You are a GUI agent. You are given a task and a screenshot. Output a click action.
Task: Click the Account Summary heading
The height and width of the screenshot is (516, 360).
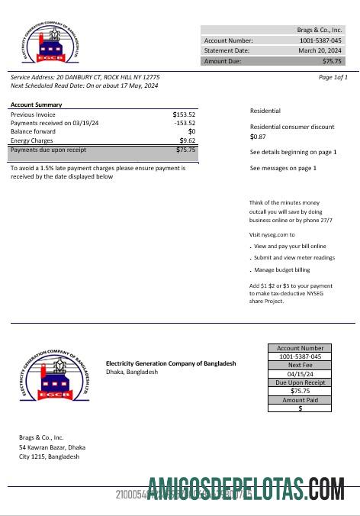tap(37, 105)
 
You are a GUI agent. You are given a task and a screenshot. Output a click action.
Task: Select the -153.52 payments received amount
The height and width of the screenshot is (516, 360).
tap(185, 123)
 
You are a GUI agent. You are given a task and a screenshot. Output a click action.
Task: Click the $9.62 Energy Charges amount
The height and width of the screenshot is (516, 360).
tap(188, 141)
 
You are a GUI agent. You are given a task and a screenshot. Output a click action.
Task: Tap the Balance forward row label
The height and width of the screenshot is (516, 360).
tap(34, 132)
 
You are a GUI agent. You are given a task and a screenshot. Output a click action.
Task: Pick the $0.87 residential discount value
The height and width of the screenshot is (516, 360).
tap(258, 137)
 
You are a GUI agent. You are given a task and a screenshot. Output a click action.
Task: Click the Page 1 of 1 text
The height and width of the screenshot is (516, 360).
tap(333, 77)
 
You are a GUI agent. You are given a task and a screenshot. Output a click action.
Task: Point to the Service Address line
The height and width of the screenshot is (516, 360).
tap(85, 77)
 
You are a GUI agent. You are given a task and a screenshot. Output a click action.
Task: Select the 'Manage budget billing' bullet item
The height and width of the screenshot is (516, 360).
tap(281, 270)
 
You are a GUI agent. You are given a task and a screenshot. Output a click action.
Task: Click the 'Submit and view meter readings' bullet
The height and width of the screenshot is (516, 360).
tap(294, 258)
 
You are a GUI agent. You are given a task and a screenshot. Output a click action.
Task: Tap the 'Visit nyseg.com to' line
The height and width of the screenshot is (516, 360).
tap(272, 234)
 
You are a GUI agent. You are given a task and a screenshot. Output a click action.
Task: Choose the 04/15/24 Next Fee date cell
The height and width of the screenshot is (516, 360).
tap(300, 374)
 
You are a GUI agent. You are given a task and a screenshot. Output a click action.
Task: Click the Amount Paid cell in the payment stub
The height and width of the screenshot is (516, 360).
tap(300, 400)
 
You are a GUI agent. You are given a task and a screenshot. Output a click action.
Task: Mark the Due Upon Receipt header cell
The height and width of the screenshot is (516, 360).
tap(300, 382)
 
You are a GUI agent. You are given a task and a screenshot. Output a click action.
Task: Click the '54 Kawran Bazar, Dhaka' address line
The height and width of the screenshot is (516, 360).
tap(52, 447)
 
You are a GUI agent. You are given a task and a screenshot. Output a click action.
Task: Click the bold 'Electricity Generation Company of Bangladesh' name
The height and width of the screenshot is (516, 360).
tap(171, 363)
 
